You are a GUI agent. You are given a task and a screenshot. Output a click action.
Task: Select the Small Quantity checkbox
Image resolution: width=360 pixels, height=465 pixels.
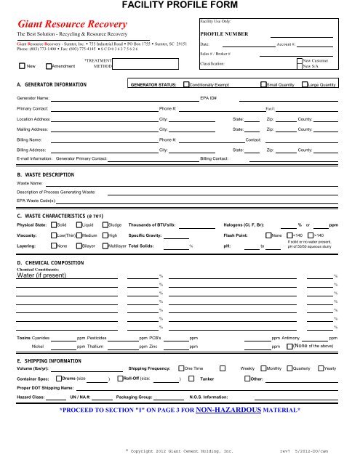click(x=263, y=85)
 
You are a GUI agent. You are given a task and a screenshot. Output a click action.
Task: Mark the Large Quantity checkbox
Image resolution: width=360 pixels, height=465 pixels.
click(x=304, y=85)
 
